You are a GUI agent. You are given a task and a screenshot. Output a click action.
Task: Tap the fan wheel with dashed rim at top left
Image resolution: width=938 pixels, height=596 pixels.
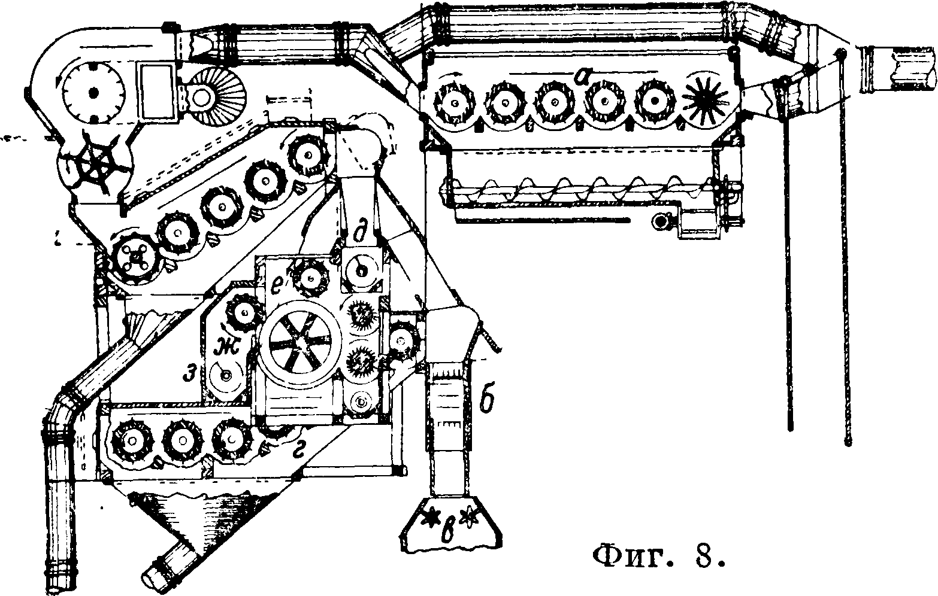(x=93, y=93)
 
